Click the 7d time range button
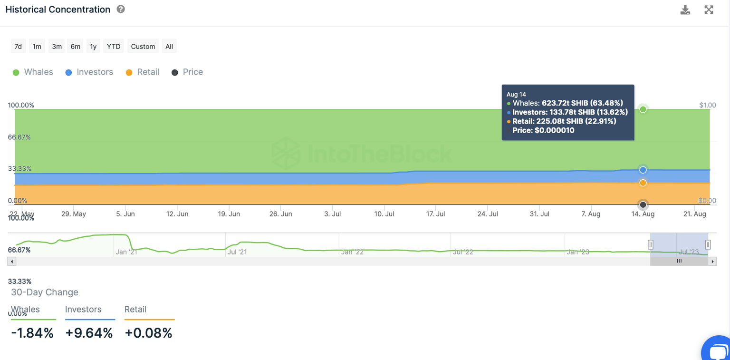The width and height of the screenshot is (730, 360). [x=18, y=46]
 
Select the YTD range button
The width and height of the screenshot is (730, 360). [x=114, y=46]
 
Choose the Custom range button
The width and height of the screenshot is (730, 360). [x=143, y=46]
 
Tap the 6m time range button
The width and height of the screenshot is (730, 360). [x=76, y=46]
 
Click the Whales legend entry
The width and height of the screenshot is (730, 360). [x=33, y=72]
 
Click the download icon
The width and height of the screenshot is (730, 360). [x=685, y=10]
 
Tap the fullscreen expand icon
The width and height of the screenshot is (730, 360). [x=709, y=10]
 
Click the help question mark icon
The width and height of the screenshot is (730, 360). [x=121, y=9]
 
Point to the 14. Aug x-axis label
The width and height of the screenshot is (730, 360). [x=643, y=214]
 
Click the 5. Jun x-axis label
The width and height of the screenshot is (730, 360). [x=125, y=214]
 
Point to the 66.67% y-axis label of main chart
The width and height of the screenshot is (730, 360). [x=19, y=137]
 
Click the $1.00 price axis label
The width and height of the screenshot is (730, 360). [x=708, y=105]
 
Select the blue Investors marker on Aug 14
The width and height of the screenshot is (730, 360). [x=643, y=170]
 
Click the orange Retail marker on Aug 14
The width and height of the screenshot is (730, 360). [x=643, y=183]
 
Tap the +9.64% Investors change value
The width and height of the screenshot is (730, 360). [x=89, y=333]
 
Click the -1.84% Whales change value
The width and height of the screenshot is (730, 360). [x=32, y=333]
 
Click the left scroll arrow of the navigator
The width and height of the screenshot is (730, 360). [x=12, y=261]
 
